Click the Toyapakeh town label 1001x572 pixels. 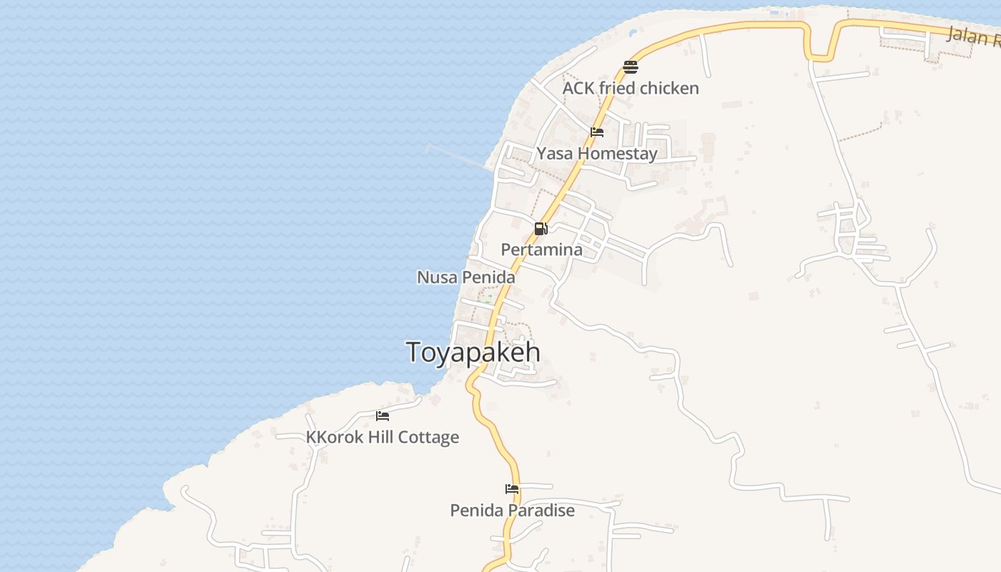click(473, 352)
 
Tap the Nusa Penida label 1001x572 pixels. click(465, 277)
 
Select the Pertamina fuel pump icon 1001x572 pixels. click(541, 229)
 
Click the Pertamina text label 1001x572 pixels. click(541, 250)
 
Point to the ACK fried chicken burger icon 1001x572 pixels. click(630, 67)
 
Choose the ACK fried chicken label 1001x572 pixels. click(631, 88)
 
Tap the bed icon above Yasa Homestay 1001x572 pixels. click(597, 132)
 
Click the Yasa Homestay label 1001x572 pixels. click(597, 154)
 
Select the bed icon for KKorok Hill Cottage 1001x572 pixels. click(383, 416)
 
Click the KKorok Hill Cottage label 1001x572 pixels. click(383, 437)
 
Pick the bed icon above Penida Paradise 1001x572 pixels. click(512, 490)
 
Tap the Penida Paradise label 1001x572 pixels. click(512, 511)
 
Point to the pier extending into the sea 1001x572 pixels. click(458, 157)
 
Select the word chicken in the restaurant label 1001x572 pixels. click(669, 88)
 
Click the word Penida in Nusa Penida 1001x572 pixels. click(490, 277)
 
